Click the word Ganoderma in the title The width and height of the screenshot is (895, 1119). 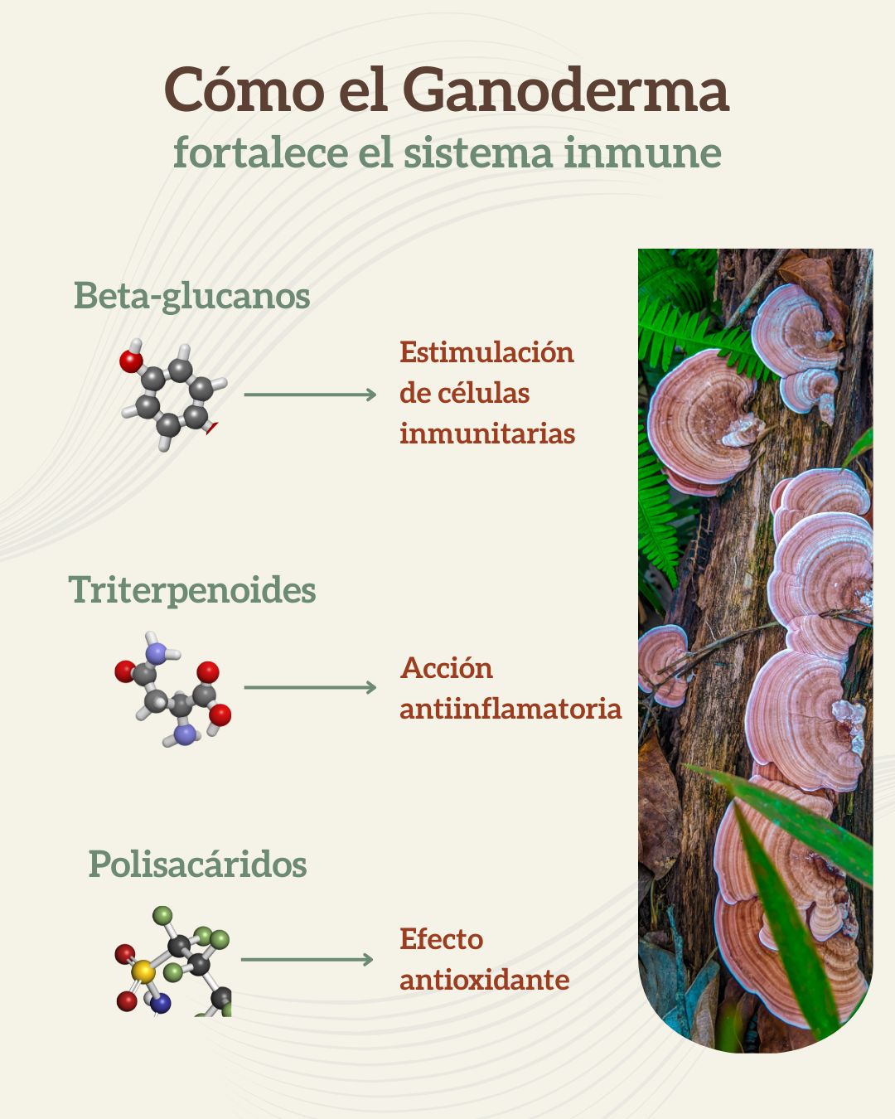[x=568, y=90]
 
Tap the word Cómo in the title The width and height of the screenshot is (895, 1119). [x=244, y=90]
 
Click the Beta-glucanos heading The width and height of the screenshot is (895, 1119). [x=191, y=296]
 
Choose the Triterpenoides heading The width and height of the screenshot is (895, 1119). [x=192, y=590]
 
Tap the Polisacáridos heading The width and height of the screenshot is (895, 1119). [x=197, y=865]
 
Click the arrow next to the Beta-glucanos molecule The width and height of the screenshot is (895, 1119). [x=310, y=395]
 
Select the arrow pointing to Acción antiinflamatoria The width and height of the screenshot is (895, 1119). [x=310, y=687]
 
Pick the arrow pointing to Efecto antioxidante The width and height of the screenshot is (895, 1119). [x=307, y=960]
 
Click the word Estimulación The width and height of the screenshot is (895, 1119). [x=486, y=352]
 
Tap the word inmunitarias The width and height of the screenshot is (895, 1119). [x=487, y=434]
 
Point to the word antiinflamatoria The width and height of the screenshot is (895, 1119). [x=510, y=709]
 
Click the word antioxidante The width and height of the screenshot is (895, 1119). [x=485, y=980]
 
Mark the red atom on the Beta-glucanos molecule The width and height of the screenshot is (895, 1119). [x=131, y=361]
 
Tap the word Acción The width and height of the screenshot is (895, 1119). [x=447, y=668]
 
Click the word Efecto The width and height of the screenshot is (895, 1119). [x=441, y=939]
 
